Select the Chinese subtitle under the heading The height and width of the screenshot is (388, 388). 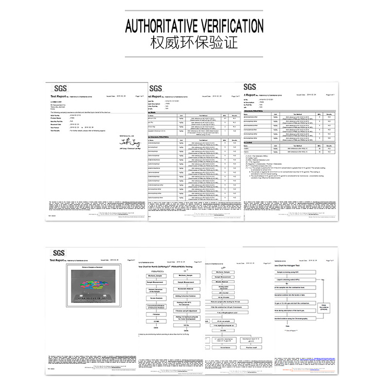pos(194,43)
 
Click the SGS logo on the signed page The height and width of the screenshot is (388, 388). pos(60,88)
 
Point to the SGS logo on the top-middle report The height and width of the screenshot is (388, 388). pos(156,88)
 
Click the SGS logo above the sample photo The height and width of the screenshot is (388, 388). pos(59,253)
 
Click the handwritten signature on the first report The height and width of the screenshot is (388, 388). pos(129,142)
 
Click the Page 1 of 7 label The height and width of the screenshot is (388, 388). pos(140,97)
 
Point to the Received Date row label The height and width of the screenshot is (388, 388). pos(59,123)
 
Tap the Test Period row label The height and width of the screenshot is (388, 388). pos(58,127)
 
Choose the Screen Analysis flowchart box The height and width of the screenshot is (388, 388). pos(156,297)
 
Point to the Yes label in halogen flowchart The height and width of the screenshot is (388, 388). pos(323,280)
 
